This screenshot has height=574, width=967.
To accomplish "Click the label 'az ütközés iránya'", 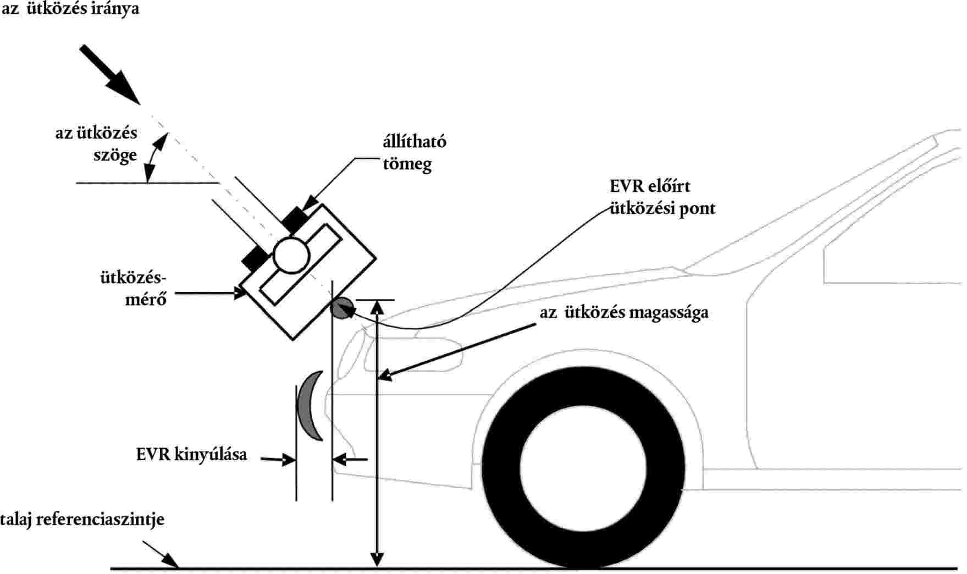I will click(x=70, y=9).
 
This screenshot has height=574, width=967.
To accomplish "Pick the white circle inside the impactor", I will click(x=290, y=254).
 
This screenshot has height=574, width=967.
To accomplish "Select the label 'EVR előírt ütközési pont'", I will click(x=662, y=197).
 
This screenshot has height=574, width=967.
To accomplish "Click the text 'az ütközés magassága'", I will click(x=624, y=312).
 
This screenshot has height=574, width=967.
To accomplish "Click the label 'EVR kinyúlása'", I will click(x=191, y=455).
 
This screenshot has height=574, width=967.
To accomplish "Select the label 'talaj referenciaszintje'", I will click(x=82, y=519).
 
